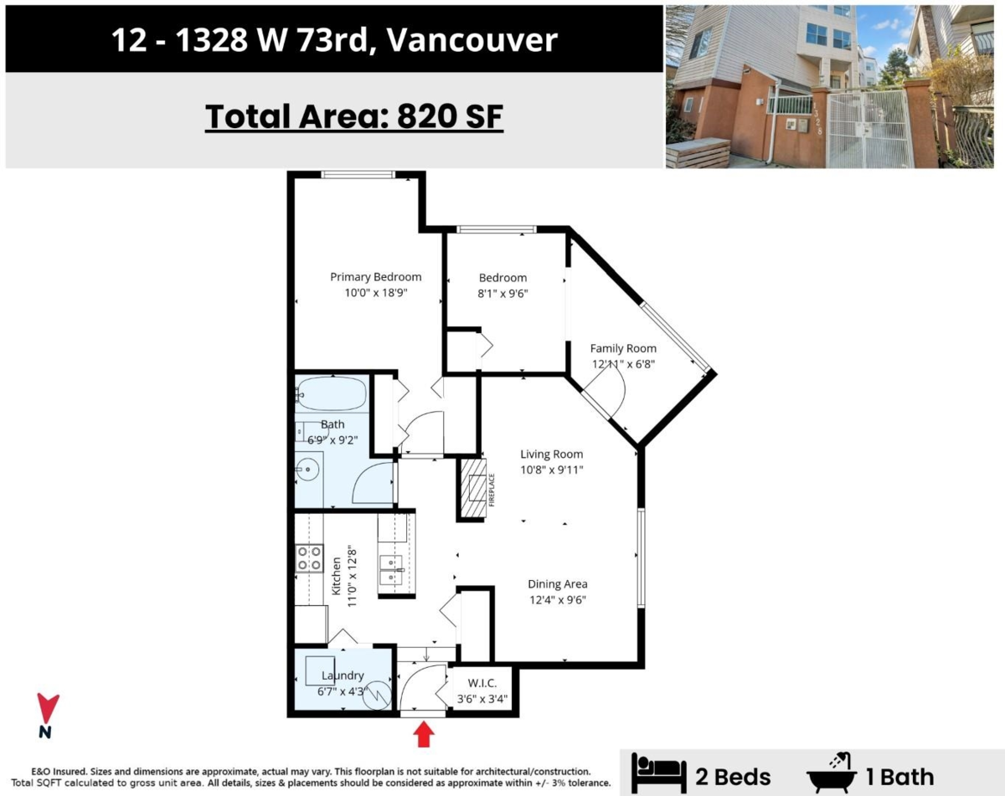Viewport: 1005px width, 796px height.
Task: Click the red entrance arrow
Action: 425,735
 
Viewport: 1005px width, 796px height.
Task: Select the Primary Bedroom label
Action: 375,277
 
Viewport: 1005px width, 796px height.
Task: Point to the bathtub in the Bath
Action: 331,393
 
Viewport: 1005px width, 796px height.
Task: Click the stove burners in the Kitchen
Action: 309,558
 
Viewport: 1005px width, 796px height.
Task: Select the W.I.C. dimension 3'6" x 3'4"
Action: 482,698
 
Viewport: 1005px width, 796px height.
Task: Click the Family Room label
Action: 623,348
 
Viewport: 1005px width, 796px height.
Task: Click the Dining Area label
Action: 557,584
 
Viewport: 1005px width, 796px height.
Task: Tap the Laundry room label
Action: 341,675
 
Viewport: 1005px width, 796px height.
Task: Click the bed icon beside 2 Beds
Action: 657,775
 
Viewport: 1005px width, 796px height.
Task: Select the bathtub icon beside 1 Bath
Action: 831,773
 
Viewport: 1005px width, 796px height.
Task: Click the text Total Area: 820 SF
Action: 354,116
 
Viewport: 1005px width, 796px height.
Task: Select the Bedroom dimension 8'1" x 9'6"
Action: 502,293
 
